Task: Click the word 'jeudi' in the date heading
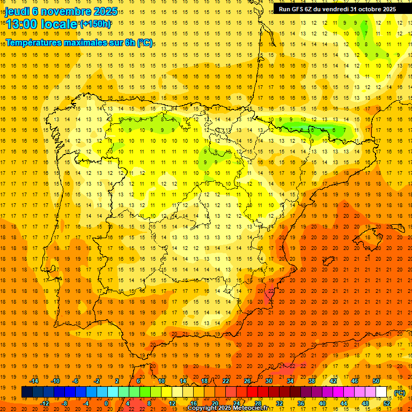17,11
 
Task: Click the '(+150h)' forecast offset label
96,24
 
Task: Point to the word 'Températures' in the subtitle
36,42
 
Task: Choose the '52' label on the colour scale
387,403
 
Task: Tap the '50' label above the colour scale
376,381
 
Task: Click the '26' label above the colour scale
247,381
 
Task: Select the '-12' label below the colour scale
45,403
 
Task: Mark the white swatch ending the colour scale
381,392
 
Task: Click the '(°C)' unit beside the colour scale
400,393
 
